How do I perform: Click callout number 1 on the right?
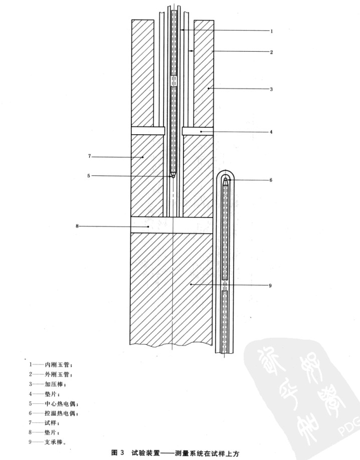[272, 31]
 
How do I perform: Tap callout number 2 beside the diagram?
[272, 52]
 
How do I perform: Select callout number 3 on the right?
[271, 89]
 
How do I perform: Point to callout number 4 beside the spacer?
[271, 132]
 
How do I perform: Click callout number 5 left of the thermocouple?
[89, 176]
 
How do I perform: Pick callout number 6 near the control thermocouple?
[271, 180]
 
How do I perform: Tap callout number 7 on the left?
[90, 156]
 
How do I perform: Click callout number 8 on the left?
[77, 226]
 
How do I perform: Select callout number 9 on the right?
[270, 286]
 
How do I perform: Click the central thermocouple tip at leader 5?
[173, 176]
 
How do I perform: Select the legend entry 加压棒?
[54, 384]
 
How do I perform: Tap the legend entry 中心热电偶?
[60, 404]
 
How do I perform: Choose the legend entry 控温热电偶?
[60, 413]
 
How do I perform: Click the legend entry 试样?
[51, 423]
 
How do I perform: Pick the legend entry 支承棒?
[54, 442]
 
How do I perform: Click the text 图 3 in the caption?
[118, 452]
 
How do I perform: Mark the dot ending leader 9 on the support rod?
[191, 284]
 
